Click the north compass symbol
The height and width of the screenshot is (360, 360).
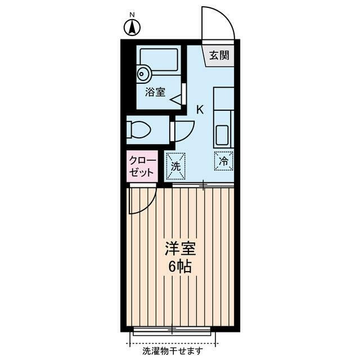pyautogui.click(x=132, y=25)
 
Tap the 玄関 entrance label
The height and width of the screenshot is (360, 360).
pyautogui.click(x=219, y=55)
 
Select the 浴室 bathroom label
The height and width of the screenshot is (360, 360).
pyautogui.click(x=155, y=92)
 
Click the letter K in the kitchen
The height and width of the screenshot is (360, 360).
pyautogui.click(x=199, y=110)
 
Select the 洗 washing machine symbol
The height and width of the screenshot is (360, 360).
pyautogui.click(x=175, y=166)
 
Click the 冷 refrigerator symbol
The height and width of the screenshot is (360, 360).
pyautogui.click(x=223, y=161)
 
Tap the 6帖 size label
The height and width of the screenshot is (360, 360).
pyautogui.click(x=179, y=267)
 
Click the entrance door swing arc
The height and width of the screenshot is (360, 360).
pyautogui.click(x=220, y=22)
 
